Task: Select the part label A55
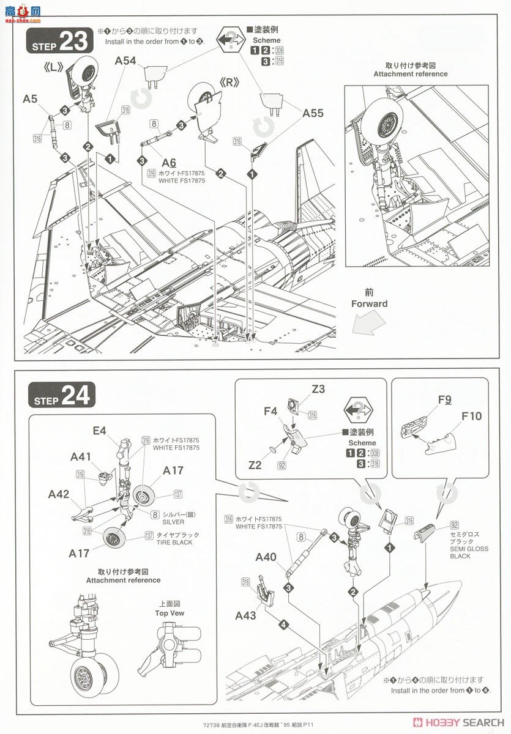click(x=312, y=113)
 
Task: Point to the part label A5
click(x=31, y=98)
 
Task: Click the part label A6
click(x=169, y=162)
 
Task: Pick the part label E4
click(x=99, y=431)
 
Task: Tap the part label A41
click(x=81, y=456)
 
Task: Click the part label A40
click(x=267, y=557)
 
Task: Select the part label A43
click(x=245, y=615)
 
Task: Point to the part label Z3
click(x=318, y=389)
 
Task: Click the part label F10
click(x=471, y=416)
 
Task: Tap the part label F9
click(x=445, y=401)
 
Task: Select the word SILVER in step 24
click(x=173, y=522)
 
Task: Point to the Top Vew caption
click(x=170, y=613)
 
